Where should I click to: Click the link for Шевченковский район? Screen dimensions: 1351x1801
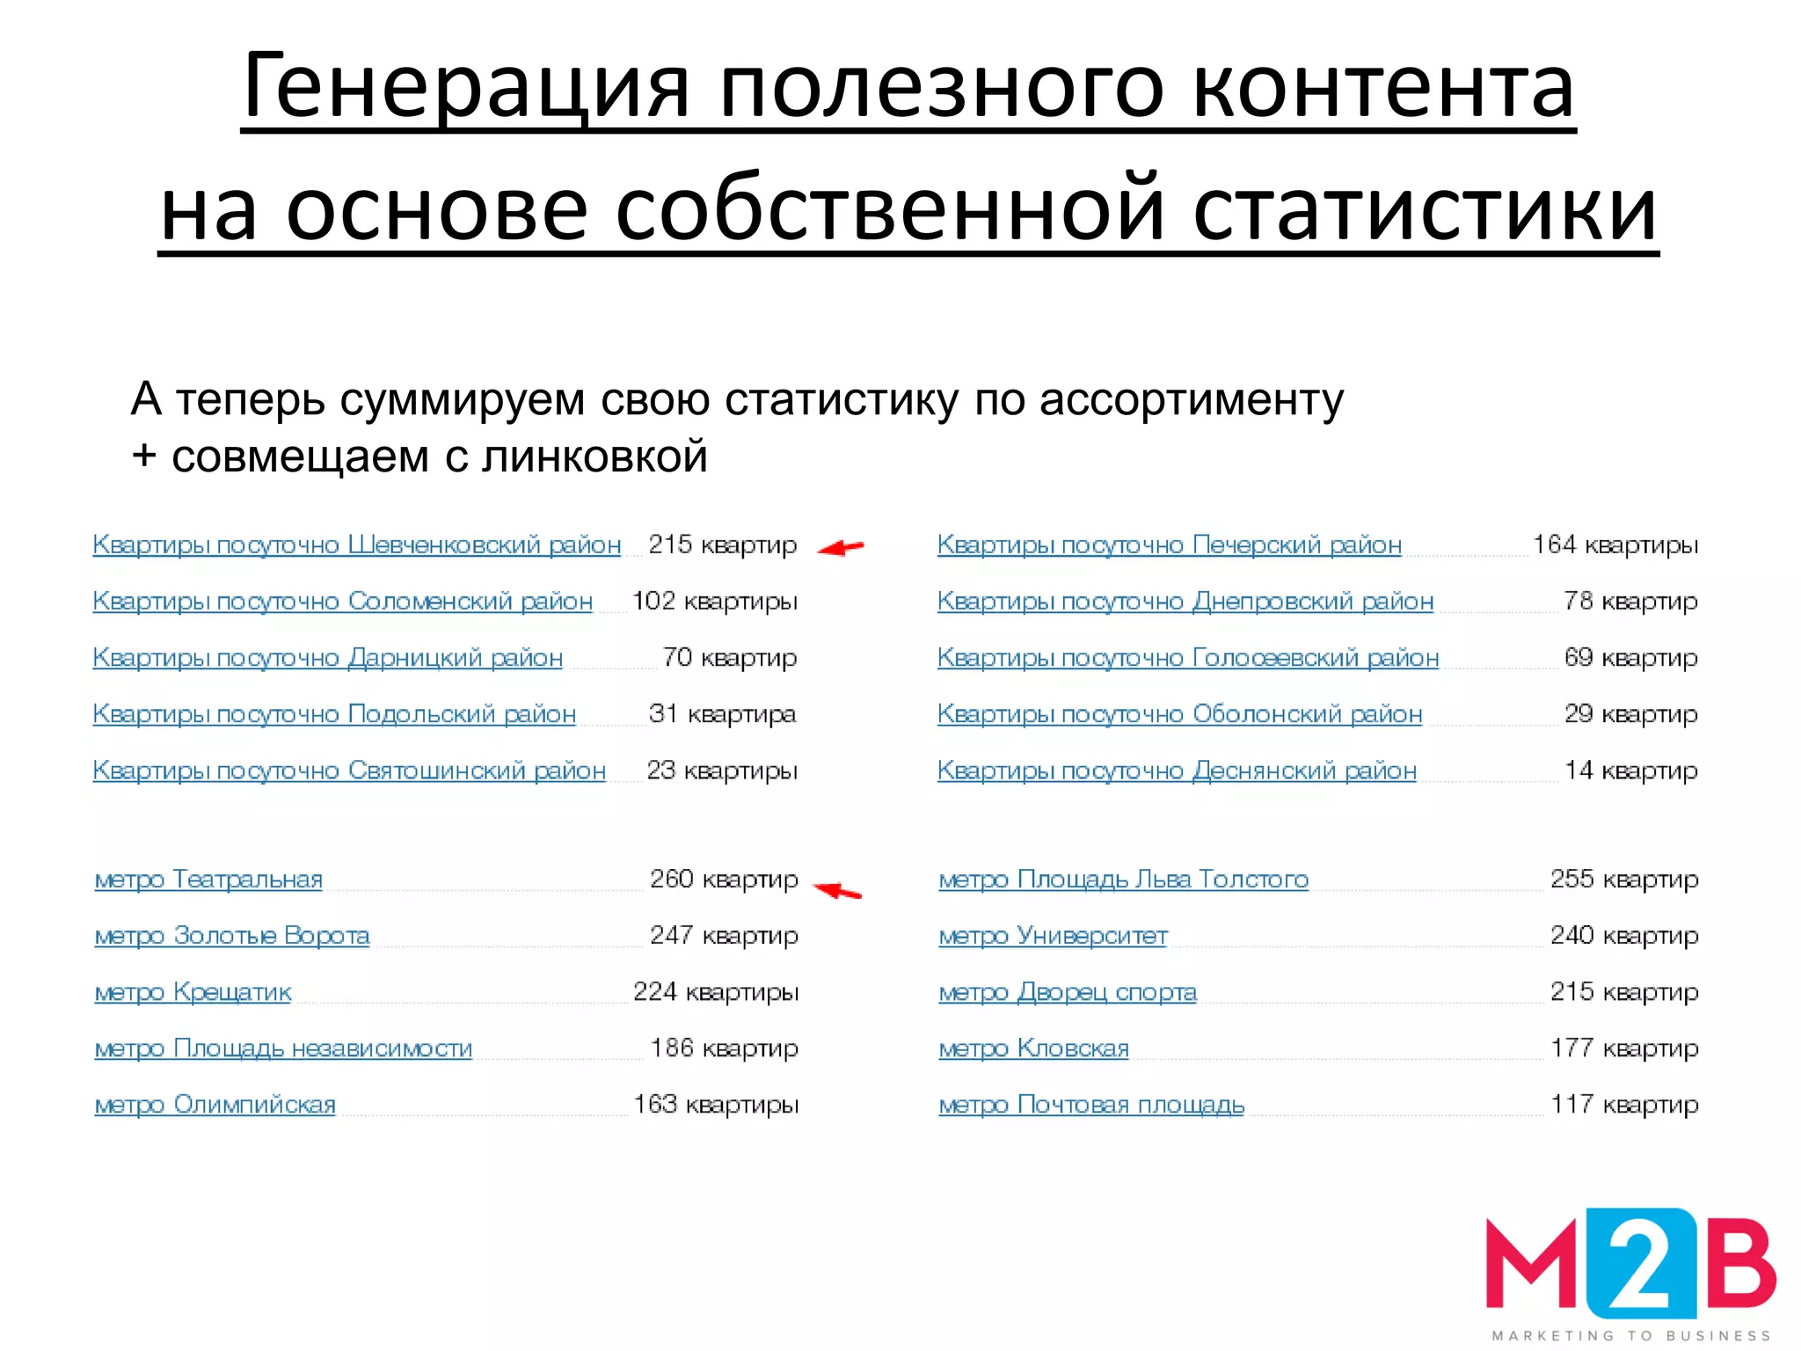click(356, 545)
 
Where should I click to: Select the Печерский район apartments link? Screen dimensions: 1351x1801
click(1169, 545)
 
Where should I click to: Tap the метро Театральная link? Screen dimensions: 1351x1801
click(208, 880)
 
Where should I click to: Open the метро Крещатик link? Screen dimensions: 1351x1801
click(193, 992)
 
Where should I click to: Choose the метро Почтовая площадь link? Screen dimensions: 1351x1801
click(1091, 1105)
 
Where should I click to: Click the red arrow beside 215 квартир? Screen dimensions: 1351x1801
click(841, 548)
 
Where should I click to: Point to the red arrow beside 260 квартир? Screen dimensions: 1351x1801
click(837, 890)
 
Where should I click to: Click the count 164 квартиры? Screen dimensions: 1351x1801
click(1615, 545)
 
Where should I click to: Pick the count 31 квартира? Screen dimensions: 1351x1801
click(722, 714)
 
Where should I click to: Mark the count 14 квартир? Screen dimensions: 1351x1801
click(1631, 770)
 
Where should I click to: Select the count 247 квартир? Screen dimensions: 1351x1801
click(724, 936)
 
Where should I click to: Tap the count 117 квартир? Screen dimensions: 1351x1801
click(1624, 1105)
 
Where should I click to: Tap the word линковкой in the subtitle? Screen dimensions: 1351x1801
click(594, 457)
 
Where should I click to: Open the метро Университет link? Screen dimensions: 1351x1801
click(1053, 936)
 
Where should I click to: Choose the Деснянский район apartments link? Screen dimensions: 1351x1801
click(1177, 770)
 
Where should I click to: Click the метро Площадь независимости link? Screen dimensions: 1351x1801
click(283, 1048)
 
